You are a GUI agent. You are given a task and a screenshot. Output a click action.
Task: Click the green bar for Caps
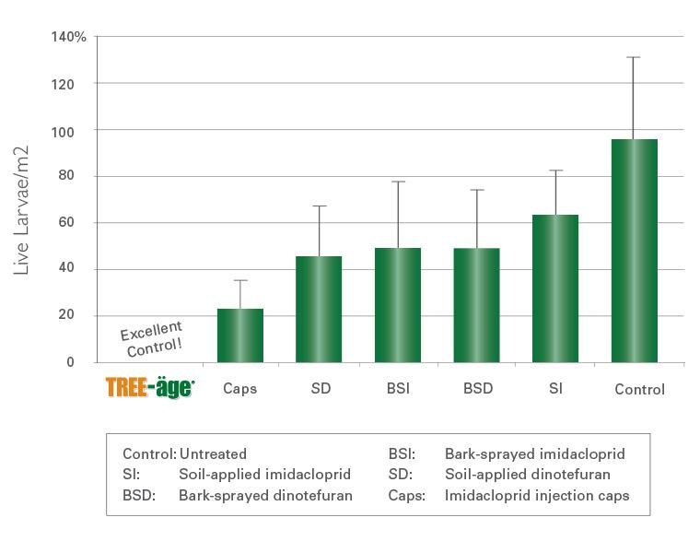point(240,335)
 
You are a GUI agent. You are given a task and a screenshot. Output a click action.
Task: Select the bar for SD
point(319,310)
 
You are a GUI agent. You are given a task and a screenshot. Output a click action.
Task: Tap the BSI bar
point(398,305)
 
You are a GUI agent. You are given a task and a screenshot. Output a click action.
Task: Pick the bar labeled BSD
point(476,305)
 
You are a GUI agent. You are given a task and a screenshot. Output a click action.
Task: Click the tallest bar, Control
point(634,251)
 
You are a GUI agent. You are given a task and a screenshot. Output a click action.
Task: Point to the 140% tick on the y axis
point(69,37)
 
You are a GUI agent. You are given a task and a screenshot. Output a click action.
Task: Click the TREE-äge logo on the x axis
point(150,388)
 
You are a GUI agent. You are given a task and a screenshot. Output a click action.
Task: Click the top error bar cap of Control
point(634,57)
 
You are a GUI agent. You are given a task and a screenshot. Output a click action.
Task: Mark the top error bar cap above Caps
point(240,280)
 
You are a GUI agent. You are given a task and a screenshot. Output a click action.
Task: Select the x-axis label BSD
point(477,389)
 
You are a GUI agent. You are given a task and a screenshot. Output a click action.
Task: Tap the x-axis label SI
point(555,389)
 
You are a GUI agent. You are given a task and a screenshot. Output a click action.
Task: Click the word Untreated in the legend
point(213,454)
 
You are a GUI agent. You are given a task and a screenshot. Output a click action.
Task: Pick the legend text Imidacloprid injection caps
point(537,495)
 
